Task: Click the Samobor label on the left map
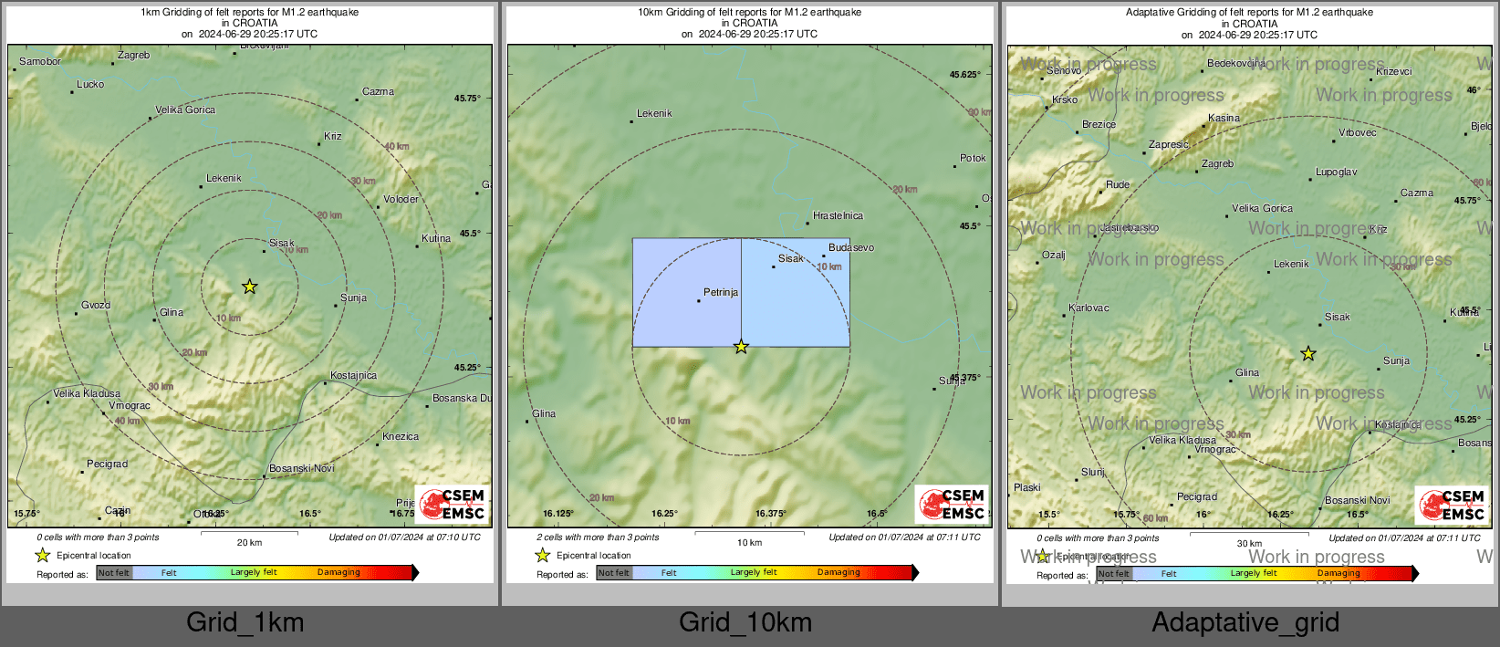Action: click(40, 62)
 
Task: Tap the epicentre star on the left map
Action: click(249, 287)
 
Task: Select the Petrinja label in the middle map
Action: click(721, 293)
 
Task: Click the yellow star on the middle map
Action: click(741, 347)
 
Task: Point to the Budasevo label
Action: click(850, 248)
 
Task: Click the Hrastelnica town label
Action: click(838, 216)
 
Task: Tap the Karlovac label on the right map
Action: click(1089, 308)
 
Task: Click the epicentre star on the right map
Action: click(1307, 353)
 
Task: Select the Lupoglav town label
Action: click(1336, 172)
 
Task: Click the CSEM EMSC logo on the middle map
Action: click(951, 504)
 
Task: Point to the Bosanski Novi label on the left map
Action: click(302, 469)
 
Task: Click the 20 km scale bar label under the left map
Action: click(249, 543)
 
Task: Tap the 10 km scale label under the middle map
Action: click(749, 543)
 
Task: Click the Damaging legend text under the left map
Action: click(339, 573)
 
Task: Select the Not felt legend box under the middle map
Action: click(614, 573)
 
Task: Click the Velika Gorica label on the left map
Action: click(185, 110)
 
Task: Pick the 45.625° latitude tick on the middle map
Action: click(964, 75)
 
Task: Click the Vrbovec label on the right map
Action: click(1357, 133)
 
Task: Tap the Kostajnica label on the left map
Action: click(353, 376)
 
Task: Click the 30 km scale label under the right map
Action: click(1249, 544)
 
